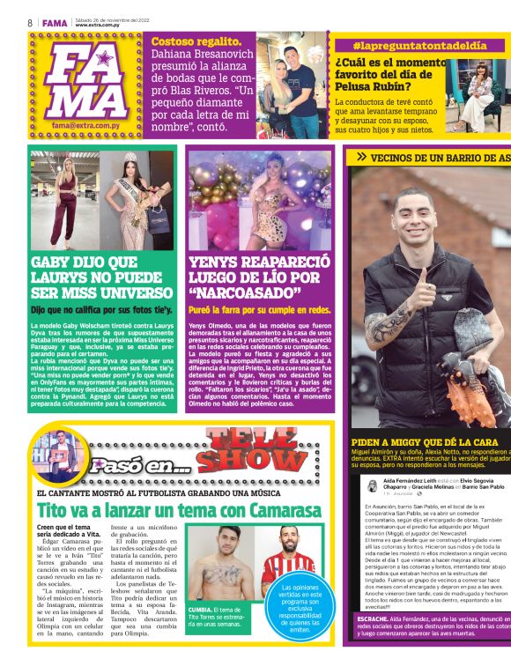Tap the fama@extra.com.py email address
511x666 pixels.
tap(86, 126)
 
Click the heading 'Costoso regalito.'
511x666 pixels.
tap(196, 41)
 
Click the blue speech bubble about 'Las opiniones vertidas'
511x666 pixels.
tap(301, 609)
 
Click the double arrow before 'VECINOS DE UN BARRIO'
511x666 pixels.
tap(361, 157)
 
